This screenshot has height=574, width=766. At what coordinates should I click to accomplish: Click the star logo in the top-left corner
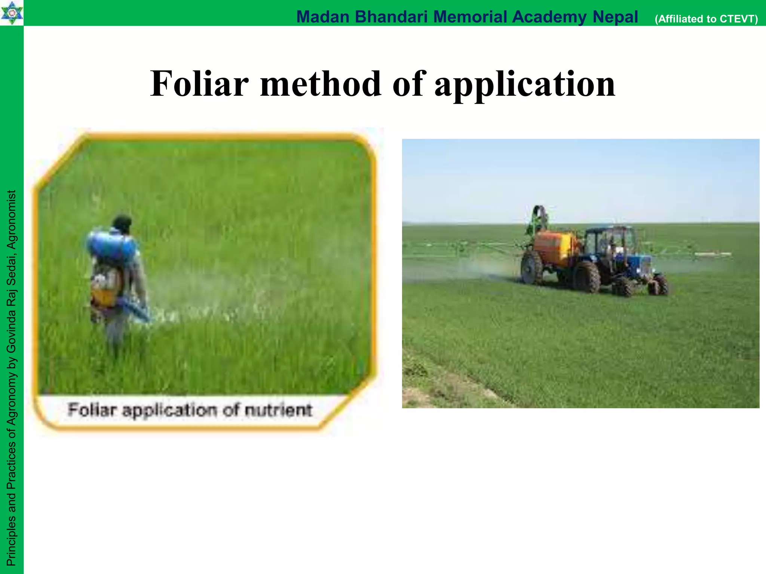(x=12, y=13)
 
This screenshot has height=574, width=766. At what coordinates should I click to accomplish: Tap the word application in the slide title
(x=524, y=84)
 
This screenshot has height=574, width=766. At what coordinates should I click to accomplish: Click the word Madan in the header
(x=323, y=17)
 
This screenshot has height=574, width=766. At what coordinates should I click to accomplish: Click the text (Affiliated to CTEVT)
(x=706, y=19)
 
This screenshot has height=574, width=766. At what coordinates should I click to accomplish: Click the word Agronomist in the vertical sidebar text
(x=12, y=220)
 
